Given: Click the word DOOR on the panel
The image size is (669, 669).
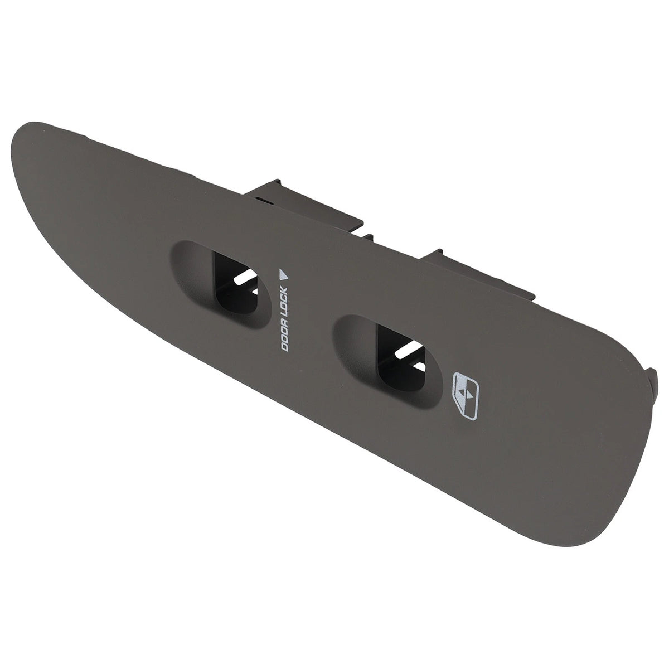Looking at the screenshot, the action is [285, 338].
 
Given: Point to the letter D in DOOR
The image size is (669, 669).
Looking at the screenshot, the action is [285, 348].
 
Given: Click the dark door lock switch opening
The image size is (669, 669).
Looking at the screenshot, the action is [236, 284].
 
